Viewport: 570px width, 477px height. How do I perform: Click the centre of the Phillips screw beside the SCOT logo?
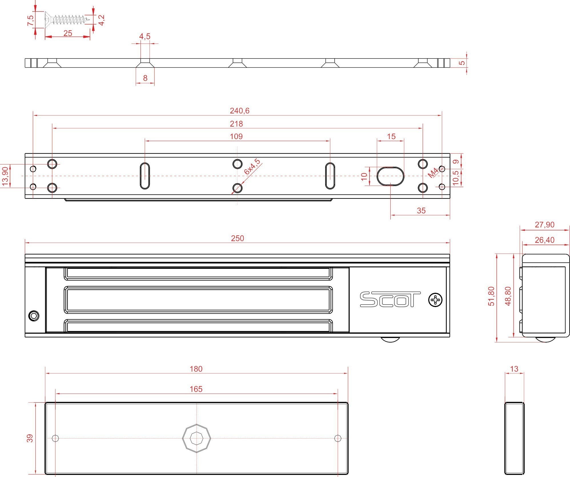(x=435, y=300)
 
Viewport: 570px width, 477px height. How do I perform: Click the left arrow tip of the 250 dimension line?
(x=25, y=242)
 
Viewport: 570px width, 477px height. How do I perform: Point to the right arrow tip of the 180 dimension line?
(x=348, y=373)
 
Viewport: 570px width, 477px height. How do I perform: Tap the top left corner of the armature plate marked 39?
(x=45, y=403)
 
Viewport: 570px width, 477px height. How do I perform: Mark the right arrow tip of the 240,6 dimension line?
(x=441, y=115)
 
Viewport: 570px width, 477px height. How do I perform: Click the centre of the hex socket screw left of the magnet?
(x=34, y=316)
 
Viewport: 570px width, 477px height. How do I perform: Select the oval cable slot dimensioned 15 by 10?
(x=390, y=176)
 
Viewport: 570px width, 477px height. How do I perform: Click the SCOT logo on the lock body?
(x=390, y=299)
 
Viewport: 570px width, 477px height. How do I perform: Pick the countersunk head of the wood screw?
(x=48, y=20)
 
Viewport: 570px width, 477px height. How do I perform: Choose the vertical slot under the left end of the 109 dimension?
(x=145, y=176)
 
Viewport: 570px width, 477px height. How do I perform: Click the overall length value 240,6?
(x=239, y=111)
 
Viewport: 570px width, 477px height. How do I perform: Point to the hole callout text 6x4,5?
(x=252, y=167)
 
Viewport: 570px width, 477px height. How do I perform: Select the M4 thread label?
(x=433, y=173)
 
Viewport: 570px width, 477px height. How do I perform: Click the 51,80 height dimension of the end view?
(x=491, y=296)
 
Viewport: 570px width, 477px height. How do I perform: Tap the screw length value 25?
(x=68, y=33)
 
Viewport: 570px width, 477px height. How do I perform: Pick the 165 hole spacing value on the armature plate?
(x=196, y=389)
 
